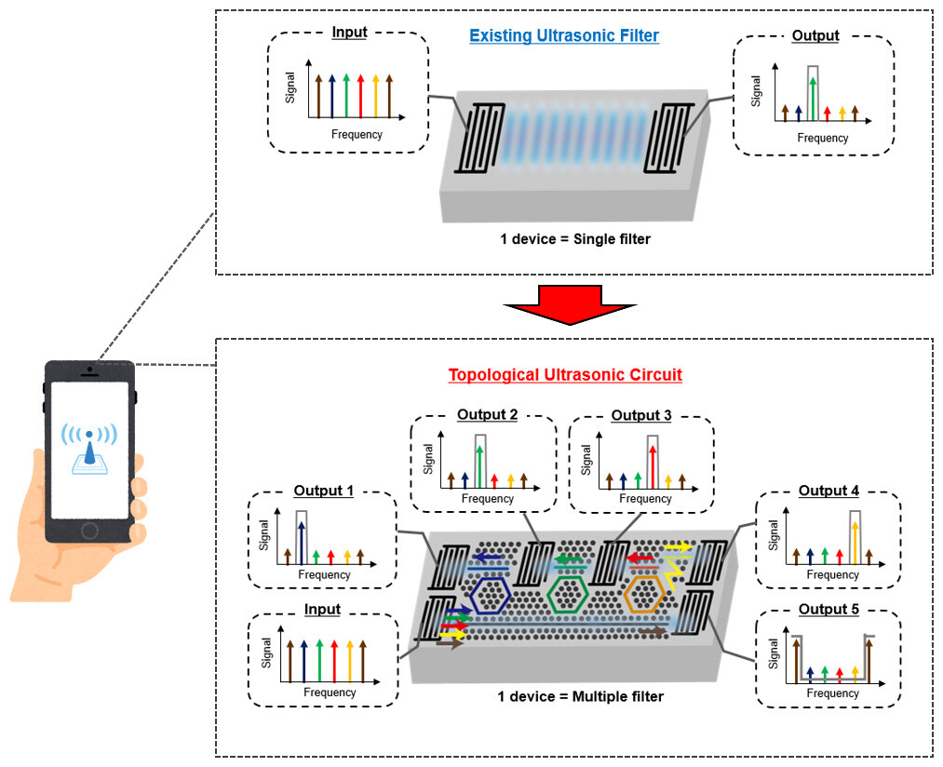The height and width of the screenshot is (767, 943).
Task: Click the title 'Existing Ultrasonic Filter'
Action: click(564, 36)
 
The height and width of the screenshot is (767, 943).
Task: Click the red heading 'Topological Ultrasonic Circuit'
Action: click(565, 375)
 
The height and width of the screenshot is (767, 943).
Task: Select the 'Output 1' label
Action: click(324, 491)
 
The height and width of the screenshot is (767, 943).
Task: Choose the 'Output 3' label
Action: click(641, 414)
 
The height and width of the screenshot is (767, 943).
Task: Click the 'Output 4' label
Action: click(828, 491)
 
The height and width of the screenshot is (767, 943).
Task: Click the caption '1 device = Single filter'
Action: click(574, 239)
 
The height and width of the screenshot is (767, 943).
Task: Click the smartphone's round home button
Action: click(89, 530)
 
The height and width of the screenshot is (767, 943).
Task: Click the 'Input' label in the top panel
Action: click(348, 33)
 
